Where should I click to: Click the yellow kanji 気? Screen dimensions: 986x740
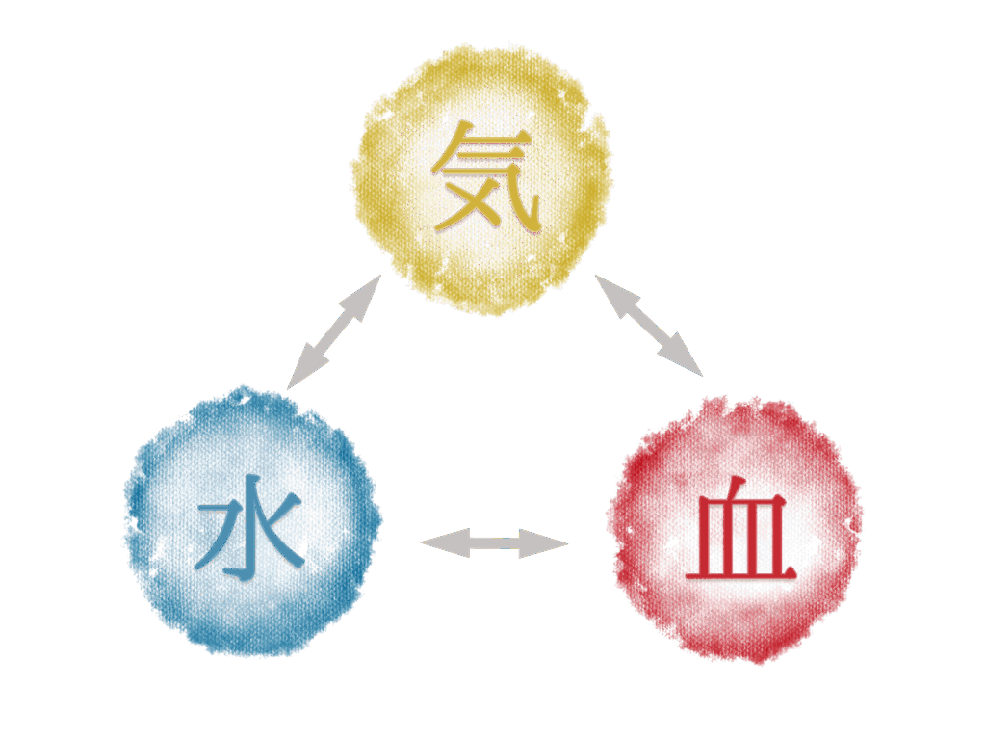[x=485, y=176]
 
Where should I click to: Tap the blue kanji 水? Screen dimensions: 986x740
[x=250, y=527]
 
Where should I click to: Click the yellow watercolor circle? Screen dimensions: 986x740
[x=481, y=179]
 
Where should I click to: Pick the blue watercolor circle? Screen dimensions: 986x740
[x=251, y=522]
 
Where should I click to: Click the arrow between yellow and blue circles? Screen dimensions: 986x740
[x=334, y=331]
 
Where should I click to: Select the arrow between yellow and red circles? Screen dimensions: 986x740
[x=648, y=326]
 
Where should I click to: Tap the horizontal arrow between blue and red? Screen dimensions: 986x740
[x=494, y=543]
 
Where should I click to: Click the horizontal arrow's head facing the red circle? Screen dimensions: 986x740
[x=544, y=543]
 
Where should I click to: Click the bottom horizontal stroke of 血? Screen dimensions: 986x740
[x=740, y=573]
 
